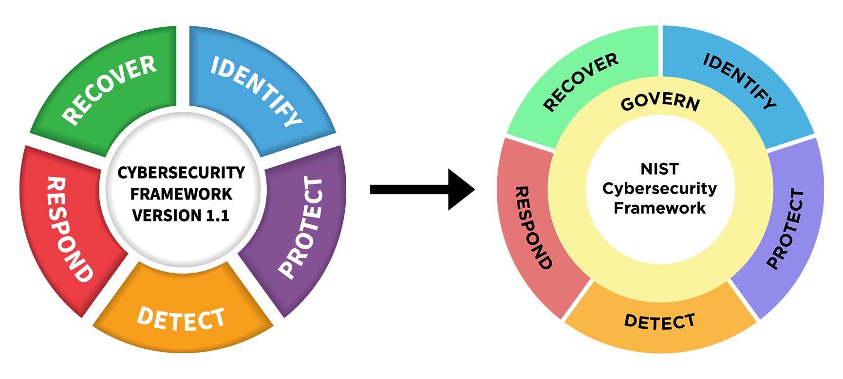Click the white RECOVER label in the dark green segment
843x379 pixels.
110,90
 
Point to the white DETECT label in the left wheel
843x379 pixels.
181,319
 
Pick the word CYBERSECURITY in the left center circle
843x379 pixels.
181,173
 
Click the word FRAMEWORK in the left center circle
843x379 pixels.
181,194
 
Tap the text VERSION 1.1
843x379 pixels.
181,216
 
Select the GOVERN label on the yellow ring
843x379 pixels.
660,101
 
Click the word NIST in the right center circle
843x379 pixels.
660,169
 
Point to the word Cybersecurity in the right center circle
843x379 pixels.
660,188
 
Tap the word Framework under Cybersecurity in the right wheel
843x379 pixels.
660,208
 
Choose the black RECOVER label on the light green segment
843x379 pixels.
581,81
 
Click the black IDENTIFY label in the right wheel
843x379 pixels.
740,80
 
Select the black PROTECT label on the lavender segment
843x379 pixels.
786,228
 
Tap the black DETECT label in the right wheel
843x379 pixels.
660,321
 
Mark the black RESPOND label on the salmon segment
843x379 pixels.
534,227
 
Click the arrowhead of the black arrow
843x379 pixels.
461,189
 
